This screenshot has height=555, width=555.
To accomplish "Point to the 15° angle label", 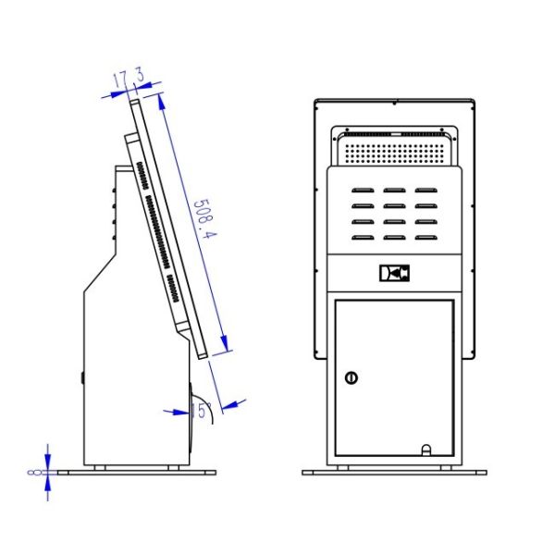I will [202, 410].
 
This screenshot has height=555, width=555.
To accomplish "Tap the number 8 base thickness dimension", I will [34, 472].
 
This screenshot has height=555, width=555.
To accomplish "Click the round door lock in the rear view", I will [351, 376].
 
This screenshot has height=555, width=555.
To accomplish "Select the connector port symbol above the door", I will [393, 274].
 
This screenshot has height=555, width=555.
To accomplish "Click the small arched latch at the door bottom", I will [426, 450].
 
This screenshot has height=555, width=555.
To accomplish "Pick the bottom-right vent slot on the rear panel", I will [425, 239].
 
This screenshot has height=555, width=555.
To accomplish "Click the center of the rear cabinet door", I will [393, 377].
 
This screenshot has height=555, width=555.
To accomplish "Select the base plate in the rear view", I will [394, 472].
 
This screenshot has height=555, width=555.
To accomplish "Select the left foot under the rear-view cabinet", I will [343, 466].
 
